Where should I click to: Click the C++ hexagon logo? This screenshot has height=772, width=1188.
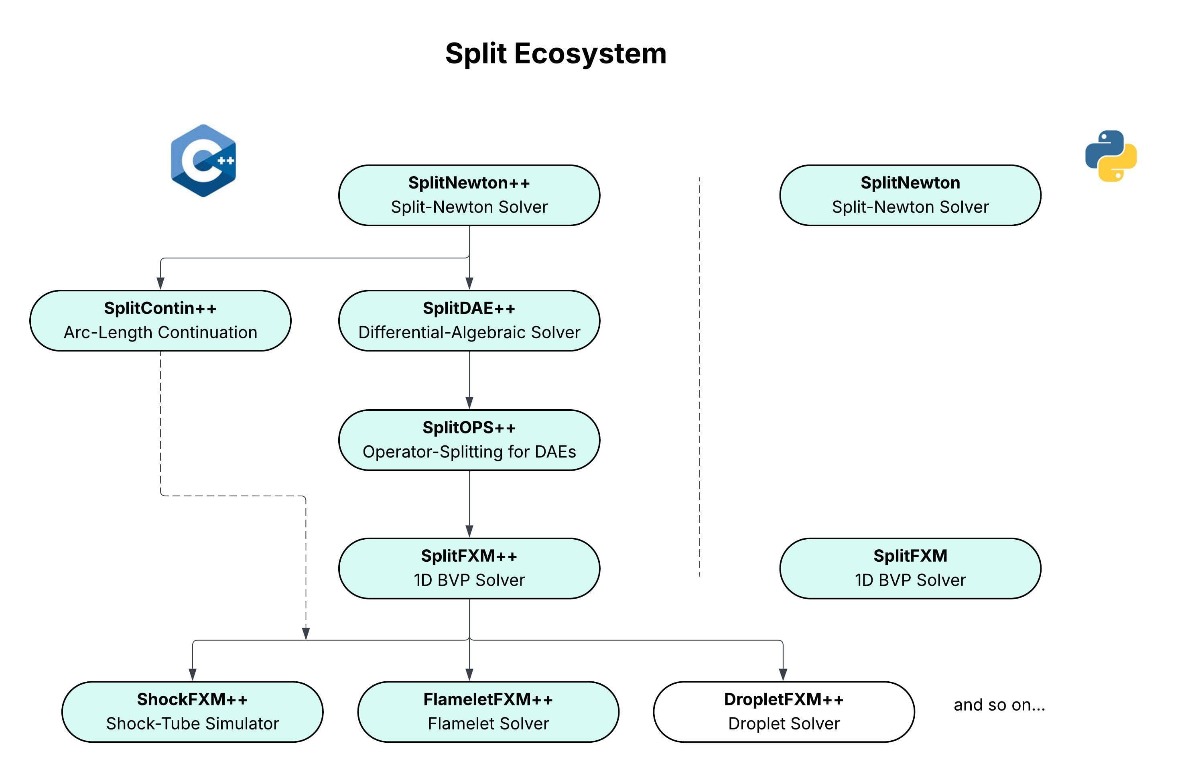tap(203, 160)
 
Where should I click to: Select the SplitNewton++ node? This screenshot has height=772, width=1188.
tap(469, 195)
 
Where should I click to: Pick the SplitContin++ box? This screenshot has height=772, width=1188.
tap(160, 321)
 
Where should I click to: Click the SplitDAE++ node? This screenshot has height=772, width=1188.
tap(469, 321)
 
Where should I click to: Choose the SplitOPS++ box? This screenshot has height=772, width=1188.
tap(469, 440)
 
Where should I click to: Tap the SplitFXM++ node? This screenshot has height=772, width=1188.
tap(469, 568)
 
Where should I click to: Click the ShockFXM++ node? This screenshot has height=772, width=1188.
tap(192, 711)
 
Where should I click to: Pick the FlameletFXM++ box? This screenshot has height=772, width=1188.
tap(488, 711)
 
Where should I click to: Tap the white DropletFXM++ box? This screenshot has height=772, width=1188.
tap(783, 711)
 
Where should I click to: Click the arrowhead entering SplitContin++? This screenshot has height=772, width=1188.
tap(160, 283)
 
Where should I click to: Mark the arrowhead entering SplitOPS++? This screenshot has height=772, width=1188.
tap(469, 402)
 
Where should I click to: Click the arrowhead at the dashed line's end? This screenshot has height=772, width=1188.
tap(306, 633)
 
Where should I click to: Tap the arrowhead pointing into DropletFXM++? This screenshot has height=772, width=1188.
tap(783, 674)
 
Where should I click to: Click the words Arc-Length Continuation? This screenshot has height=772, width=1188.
tap(160, 333)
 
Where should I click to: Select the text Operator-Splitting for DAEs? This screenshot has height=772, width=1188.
tap(469, 452)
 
